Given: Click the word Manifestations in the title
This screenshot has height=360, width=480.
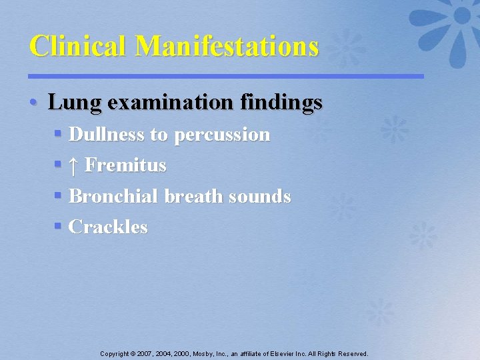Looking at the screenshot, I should click(227, 46).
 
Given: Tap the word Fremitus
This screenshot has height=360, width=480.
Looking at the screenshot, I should click(125, 165).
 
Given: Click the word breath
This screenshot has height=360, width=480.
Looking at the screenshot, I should click(193, 196).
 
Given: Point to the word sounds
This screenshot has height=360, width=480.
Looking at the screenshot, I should click(260, 196).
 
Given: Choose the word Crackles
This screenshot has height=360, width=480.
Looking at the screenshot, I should click(108, 227).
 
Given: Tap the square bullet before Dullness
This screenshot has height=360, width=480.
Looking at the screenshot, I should click(58, 135).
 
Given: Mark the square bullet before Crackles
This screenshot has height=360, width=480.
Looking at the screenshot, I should click(58, 227).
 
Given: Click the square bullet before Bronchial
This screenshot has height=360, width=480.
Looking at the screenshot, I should click(58, 196).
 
